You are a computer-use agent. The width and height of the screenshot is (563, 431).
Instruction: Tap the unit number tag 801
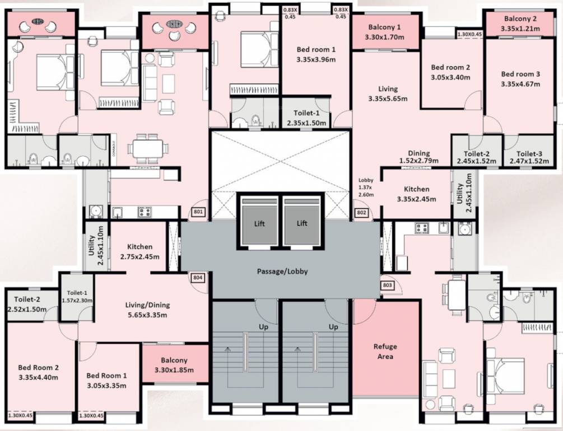pyautogui.click(x=199, y=212)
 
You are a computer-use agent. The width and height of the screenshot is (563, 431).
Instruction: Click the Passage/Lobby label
pyautogui.click(x=282, y=272)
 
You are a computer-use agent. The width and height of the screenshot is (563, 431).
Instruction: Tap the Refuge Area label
pyautogui.click(x=385, y=351)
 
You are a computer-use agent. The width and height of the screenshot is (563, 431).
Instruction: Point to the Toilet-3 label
pyautogui.click(x=529, y=153)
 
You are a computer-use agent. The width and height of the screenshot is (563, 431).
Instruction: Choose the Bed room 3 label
pyautogui.click(x=520, y=74)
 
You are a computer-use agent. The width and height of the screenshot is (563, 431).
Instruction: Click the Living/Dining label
pyautogui.click(x=147, y=305)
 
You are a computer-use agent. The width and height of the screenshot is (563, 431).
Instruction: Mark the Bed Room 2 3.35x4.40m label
pyautogui.click(x=39, y=372)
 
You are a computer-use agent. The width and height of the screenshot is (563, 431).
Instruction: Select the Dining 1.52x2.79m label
pyautogui.click(x=418, y=157)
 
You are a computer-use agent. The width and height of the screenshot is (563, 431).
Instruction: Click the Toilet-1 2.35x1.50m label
pyautogui.click(x=308, y=118)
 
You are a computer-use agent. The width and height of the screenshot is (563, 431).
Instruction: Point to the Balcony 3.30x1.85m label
pyautogui.click(x=174, y=365)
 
